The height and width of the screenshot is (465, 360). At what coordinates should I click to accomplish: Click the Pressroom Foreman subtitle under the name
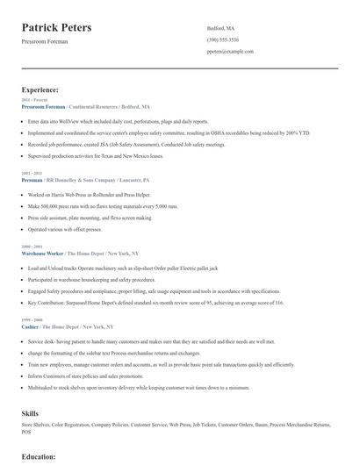point(45,41)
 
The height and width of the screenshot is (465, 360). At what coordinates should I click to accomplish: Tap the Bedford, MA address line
point(220,28)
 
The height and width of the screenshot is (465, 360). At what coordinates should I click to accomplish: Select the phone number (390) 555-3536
point(224,40)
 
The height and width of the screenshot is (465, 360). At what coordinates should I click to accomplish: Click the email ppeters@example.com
point(230,52)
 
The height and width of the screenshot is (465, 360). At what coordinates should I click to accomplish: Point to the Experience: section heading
point(40,89)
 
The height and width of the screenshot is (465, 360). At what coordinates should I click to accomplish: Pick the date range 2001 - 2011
point(31,174)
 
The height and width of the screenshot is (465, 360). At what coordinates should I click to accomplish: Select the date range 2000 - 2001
point(31,247)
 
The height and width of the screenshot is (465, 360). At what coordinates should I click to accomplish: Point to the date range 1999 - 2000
point(31,319)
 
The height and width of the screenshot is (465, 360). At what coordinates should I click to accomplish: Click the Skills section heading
point(30,411)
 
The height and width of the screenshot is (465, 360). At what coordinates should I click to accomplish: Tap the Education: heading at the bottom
point(39,457)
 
